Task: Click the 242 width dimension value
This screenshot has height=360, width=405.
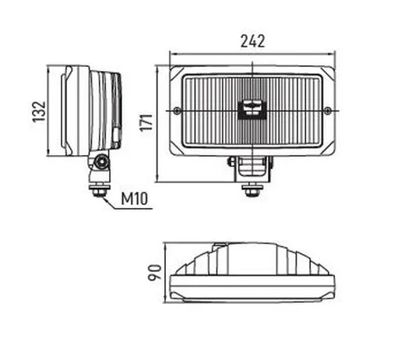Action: point(252,41)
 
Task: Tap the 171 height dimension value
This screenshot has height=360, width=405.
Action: point(146,122)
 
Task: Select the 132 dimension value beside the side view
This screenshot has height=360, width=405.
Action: point(39,111)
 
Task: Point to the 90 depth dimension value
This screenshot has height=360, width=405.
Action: point(154,273)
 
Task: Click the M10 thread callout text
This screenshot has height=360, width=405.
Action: point(134,199)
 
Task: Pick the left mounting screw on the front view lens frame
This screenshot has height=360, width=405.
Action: point(177,111)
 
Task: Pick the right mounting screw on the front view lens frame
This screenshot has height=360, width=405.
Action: point(328,111)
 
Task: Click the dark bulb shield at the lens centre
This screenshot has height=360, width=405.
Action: point(252,110)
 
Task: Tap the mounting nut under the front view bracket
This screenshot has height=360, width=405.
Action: point(252,190)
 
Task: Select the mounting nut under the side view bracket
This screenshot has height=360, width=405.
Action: point(100,190)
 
